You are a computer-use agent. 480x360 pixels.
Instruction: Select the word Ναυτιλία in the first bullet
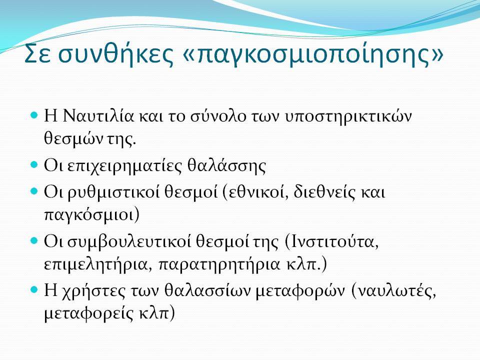(98, 116)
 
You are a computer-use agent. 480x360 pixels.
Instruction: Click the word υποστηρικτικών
(348, 117)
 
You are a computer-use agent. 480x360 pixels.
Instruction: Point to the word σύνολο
(218, 116)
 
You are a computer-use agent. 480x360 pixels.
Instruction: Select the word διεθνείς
(324, 192)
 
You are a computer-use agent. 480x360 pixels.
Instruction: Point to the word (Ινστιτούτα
(331, 242)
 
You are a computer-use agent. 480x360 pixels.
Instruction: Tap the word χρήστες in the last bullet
(93, 291)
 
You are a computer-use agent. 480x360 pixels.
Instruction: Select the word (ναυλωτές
(393, 291)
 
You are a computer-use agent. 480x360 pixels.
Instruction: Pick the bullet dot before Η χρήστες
(34, 289)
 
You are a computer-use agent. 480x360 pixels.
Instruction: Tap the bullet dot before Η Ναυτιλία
(34, 115)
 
